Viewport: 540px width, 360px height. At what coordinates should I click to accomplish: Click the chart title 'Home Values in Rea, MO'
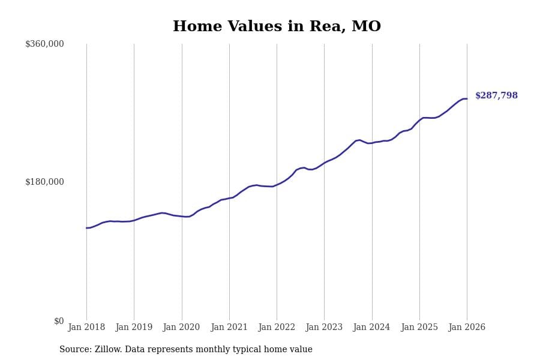click(x=277, y=27)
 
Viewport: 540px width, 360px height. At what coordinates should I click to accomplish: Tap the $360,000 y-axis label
click(x=44, y=44)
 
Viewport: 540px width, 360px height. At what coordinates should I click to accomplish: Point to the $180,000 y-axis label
click(x=44, y=182)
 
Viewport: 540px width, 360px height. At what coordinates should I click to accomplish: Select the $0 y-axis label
click(x=59, y=321)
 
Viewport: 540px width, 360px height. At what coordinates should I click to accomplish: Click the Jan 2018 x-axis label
click(x=86, y=328)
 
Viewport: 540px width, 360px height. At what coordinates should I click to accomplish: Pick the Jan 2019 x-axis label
click(x=134, y=328)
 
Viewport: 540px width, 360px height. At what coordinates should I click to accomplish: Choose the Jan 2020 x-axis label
click(x=181, y=328)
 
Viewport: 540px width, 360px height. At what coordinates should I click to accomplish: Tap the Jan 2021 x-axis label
click(x=229, y=328)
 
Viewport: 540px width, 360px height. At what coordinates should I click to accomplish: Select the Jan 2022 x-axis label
click(x=277, y=328)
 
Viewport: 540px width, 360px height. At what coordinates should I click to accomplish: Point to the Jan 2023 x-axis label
click(x=324, y=328)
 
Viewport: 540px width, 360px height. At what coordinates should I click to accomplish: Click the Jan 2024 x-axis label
click(x=371, y=328)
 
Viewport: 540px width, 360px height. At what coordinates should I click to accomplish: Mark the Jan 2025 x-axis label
click(x=419, y=328)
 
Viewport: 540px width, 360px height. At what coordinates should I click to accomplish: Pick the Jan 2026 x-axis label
click(x=467, y=328)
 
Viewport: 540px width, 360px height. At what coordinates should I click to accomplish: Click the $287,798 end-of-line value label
click(x=496, y=96)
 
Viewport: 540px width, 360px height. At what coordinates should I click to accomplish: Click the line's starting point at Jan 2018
click(x=86, y=228)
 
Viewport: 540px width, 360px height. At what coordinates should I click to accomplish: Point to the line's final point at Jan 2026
click(x=467, y=99)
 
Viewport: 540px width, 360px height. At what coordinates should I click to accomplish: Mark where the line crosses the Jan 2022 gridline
click(x=277, y=185)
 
